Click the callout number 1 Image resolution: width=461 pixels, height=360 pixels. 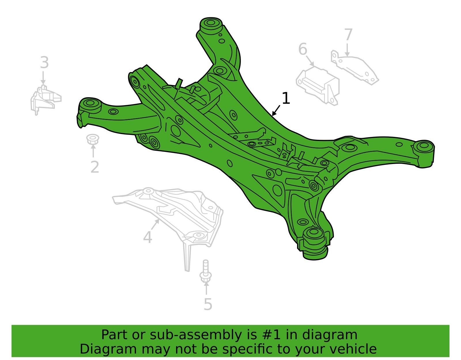pyautogui.click(x=286, y=98)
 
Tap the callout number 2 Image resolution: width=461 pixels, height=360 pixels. pyautogui.click(x=95, y=167)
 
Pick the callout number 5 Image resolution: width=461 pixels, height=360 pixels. pyautogui.click(x=208, y=304)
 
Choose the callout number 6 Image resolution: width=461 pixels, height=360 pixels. pyautogui.click(x=303, y=49)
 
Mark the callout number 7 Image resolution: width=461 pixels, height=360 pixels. pyautogui.click(x=348, y=35)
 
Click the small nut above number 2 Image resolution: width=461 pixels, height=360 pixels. pyautogui.click(x=93, y=139)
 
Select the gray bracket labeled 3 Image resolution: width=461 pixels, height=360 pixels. pyautogui.click(x=46, y=100)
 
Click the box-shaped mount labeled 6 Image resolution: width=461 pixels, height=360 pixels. pyautogui.click(x=318, y=86)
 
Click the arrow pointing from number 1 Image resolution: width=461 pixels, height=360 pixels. pyautogui.click(x=276, y=110)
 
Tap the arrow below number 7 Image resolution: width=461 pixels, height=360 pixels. pyautogui.click(x=347, y=50)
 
